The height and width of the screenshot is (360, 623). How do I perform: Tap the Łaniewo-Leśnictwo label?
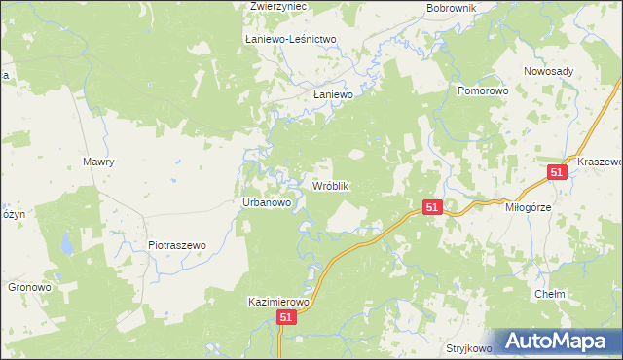tap(290, 39)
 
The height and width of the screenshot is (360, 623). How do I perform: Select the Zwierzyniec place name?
tap(277, 6)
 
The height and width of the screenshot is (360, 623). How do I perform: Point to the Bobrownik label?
tap(450, 8)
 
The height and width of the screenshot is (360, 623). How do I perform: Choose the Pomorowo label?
tap(484, 90)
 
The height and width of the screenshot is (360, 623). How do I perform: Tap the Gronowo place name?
tap(29, 288)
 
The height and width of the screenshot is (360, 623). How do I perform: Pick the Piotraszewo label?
tap(177, 246)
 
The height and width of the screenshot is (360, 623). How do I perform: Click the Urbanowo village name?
tap(267, 202)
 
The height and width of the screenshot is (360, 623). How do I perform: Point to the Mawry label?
tap(99, 162)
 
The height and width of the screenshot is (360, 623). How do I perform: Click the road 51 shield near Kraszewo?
tap(557, 172)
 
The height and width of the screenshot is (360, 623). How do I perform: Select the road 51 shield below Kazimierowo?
tap(285, 318)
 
